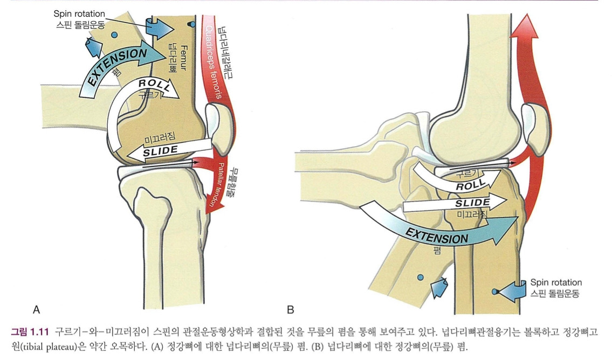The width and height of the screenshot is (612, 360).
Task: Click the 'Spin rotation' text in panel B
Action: pos(555,282)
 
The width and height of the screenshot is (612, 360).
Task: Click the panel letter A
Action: pos(36,309)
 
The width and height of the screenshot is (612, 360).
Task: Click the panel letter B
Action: pos(291,309)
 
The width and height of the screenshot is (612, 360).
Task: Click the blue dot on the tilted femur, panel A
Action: pos(114,35)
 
